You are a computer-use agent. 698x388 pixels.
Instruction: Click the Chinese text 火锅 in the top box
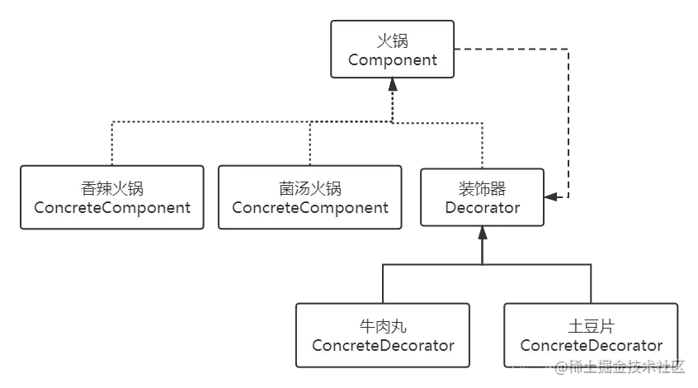[x=392, y=39]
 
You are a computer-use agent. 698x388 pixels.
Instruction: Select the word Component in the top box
[x=392, y=59]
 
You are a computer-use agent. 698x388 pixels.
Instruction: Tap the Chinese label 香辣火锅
[x=112, y=187]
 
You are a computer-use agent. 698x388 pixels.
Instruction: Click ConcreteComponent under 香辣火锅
[x=112, y=207]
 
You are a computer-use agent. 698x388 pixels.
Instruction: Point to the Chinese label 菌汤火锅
[x=310, y=187]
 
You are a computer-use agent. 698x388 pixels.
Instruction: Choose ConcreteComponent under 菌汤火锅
[x=310, y=207]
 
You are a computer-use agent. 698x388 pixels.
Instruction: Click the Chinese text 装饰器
[x=483, y=187]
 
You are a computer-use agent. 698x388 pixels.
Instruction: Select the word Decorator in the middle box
[x=483, y=207]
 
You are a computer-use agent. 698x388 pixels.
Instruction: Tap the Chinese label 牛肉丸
[x=383, y=324]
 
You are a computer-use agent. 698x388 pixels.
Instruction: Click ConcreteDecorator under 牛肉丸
[x=383, y=345]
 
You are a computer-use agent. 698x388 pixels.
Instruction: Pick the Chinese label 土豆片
[x=591, y=324]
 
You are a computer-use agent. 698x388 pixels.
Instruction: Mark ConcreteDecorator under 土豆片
[x=591, y=345]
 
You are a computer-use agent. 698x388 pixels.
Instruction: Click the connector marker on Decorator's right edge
[x=554, y=199]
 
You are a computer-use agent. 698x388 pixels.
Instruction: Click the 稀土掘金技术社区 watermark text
[x=619, y=367]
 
